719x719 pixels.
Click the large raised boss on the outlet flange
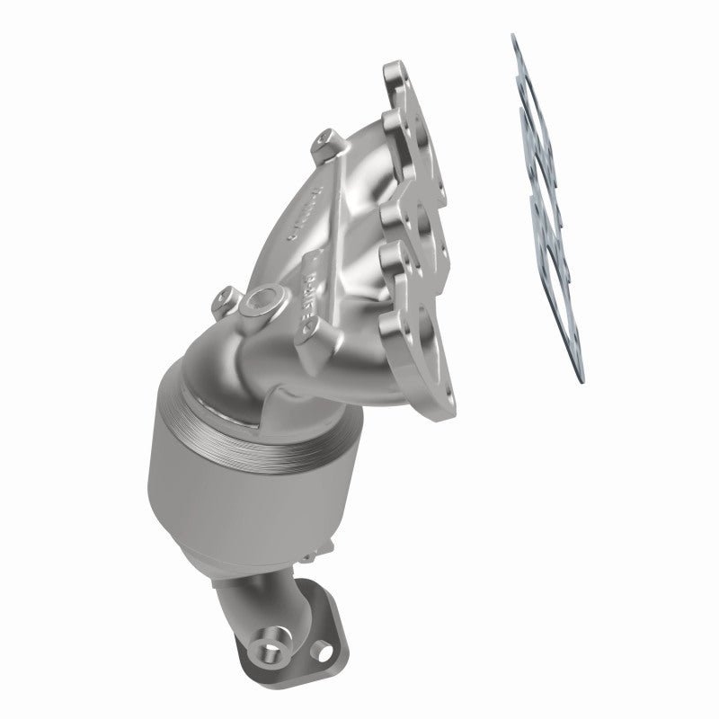(271, 666)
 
